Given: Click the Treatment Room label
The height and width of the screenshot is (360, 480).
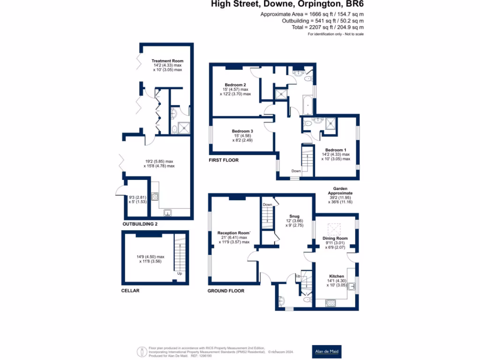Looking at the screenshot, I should [167, 61].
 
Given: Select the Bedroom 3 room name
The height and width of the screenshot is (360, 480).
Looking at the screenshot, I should [242, 131].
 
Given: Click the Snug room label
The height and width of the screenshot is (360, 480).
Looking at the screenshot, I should [294, 216].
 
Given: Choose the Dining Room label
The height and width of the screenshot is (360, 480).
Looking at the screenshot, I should [335, 238].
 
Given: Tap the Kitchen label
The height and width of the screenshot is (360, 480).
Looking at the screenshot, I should [337, 277].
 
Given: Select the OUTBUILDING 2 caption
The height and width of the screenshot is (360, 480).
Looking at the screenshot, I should [140, 224].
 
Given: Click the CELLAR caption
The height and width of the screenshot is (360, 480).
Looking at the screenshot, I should [130, 291].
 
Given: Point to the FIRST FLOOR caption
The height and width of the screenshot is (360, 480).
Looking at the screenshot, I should [224, 160].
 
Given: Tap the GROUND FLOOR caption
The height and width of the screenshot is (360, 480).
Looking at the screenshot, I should [226, 291].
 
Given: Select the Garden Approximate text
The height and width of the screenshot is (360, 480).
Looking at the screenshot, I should [340, 190].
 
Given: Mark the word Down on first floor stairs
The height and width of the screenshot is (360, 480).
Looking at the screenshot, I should [296, 171].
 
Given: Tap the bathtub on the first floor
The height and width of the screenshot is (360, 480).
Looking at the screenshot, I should [307, 105].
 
